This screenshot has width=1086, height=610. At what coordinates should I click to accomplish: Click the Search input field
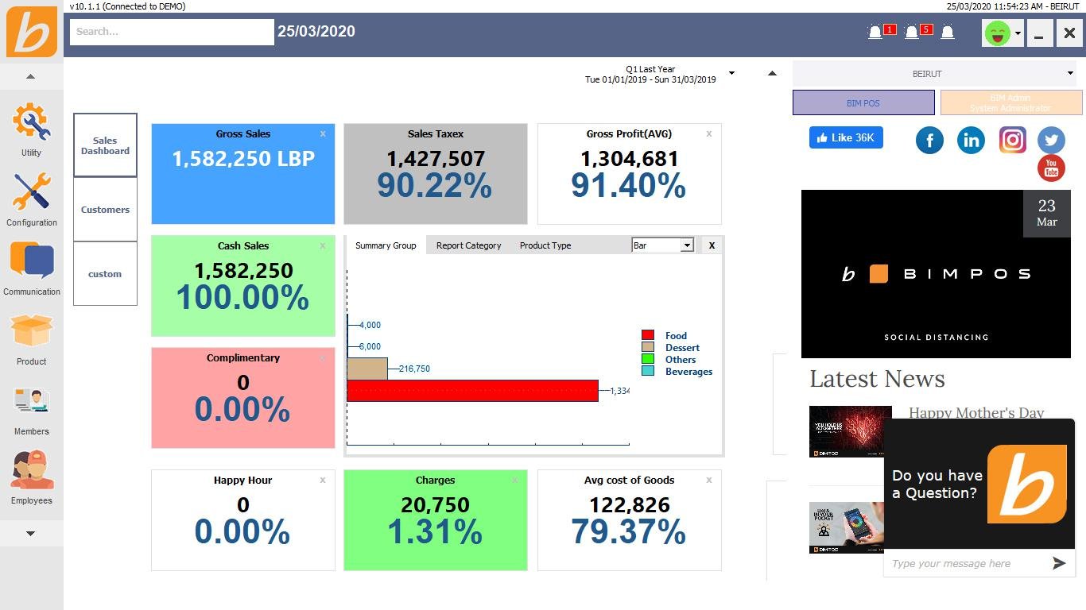(172, 32)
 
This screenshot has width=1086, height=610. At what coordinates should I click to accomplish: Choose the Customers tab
(105, 210)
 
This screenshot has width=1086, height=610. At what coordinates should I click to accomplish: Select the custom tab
(105, 274)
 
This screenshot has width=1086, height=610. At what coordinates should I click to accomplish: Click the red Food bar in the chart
(472, 391)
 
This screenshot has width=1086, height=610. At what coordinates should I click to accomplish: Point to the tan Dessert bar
(367, 369)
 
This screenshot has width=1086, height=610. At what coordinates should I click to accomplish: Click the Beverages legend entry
(688, 372)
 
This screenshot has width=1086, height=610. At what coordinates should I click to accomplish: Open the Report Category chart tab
(468, 245)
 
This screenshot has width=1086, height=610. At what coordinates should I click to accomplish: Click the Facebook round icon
(929, 141)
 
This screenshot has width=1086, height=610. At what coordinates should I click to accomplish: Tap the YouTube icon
(1051, 168)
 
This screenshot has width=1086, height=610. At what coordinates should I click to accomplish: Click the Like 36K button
(846, 137)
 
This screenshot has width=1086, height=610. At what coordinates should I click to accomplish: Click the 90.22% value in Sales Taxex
(434, 186)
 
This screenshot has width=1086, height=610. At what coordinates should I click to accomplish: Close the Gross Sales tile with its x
(323, 134)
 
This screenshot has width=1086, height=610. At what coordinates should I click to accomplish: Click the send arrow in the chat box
(1058, 563)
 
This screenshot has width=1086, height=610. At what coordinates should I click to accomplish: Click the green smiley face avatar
(997, 33)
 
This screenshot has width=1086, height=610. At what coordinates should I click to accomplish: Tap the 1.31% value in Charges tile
(434, 532)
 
